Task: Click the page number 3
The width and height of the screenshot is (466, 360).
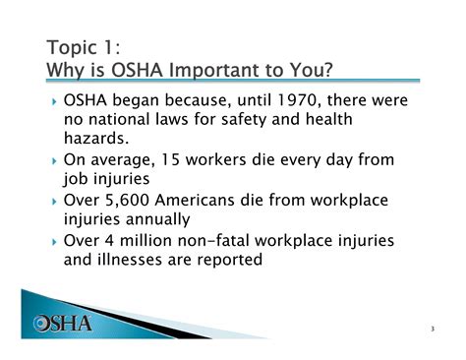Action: [x=433, y=328]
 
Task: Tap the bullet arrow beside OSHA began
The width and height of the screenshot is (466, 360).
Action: [x=53, y=101]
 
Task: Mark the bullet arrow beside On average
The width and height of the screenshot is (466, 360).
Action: [x=53, y=160]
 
